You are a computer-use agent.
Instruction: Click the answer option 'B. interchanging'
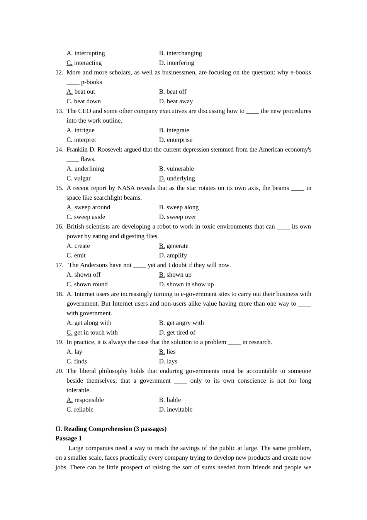tap(180, 53)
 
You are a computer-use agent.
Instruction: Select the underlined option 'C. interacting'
tap(84, 63)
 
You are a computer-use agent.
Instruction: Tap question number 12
tap(59, 72)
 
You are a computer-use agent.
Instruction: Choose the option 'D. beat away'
tap(176, 101)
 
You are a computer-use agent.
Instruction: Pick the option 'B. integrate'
tap(174, 130)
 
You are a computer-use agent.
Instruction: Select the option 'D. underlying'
tap(177, 178)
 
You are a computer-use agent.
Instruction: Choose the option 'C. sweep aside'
tap(86, 217)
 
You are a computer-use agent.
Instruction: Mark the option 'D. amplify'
tap(173, 255)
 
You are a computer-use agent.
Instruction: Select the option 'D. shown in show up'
tap(186, 284)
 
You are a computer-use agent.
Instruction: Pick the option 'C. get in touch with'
tap(92, 332)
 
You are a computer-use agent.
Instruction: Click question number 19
tap(59, 342)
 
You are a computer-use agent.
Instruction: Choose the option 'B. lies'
tap(167, 352)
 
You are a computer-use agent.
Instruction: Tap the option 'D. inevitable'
tap(175, 409)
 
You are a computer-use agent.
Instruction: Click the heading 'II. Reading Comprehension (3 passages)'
tap(111, 429)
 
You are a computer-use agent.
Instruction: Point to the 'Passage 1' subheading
tap(68, 438)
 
